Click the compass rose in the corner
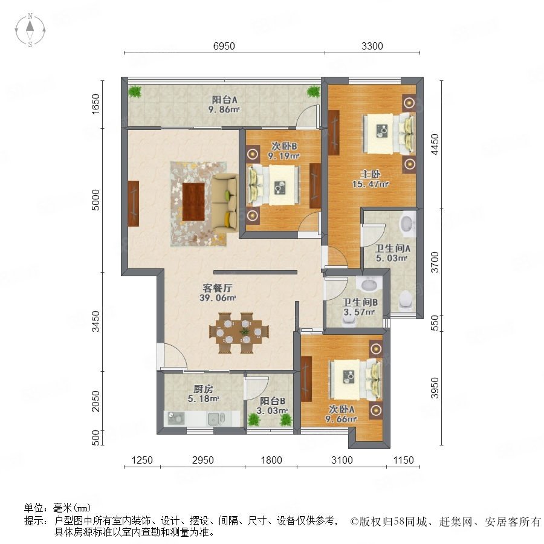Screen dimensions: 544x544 pos(30,30)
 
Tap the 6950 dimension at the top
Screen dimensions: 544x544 pos(224,46)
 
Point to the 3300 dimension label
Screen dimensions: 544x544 pos(372,46)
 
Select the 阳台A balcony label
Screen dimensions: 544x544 pos(224,100)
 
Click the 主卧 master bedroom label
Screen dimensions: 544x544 pos(371,174)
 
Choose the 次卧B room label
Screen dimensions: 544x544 pos(284,146)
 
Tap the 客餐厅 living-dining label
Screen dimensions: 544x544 pos(218,288)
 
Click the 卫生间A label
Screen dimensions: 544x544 pos(392,248)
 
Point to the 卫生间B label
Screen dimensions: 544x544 pos(360,303)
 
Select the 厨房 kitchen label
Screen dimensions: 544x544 pos(203,389)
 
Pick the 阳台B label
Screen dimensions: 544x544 pos(273,401)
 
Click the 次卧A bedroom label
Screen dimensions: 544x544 pos(342,409)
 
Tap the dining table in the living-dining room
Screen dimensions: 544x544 pos(239,332)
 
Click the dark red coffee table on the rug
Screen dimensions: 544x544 pos(193,201)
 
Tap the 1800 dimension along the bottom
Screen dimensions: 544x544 pos(271,460)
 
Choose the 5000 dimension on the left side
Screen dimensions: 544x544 pos(96,199)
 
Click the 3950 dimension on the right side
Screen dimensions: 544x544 pos(434,388)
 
